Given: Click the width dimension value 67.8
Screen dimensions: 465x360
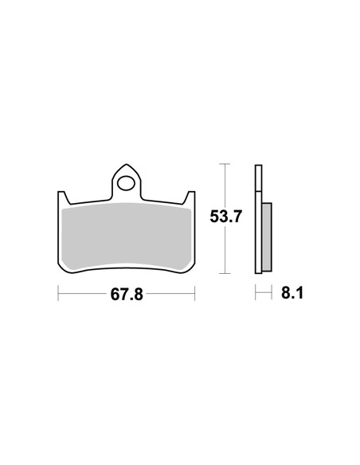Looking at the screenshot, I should [x=127, y=294].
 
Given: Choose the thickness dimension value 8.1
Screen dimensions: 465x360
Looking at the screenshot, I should [x=292, y=294].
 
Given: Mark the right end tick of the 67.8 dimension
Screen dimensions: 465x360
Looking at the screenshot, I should [x=195, y=294].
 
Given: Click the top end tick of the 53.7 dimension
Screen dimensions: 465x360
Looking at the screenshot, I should [x=225, y=164].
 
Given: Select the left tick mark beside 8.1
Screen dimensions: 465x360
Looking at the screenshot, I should [x=256, y=294].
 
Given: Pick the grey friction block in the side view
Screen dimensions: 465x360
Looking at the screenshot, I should [x=268, y=236].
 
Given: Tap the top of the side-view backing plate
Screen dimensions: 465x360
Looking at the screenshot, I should [x=257, y=166].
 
